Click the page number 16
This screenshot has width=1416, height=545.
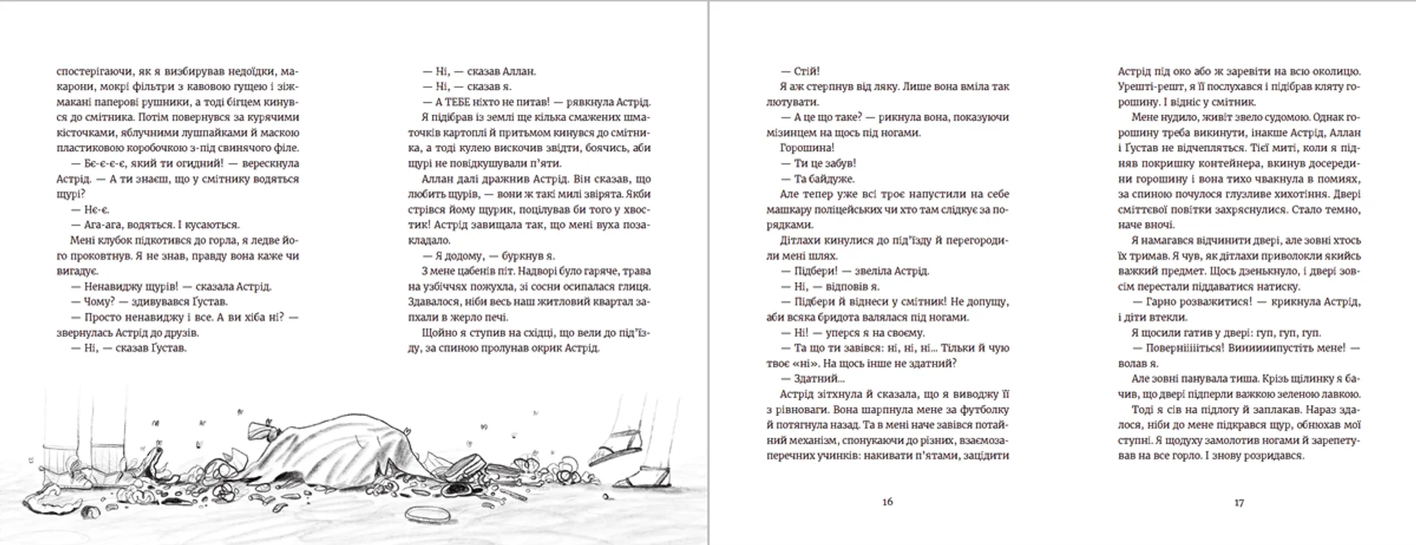[x=887, y=501]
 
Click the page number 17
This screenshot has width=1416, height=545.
[x=1239, y=502]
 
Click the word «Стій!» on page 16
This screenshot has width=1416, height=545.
[x=807, y=72]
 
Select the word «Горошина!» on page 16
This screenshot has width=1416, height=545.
[x=808, y=148]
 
